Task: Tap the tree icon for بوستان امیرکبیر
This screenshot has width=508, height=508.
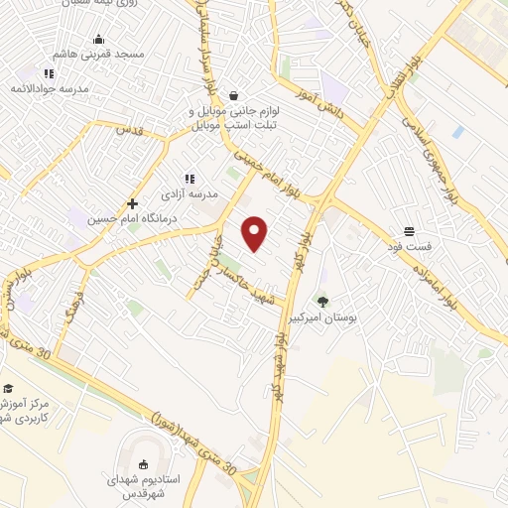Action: [322, 301]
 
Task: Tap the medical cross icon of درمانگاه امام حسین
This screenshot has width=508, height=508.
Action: [131, 203]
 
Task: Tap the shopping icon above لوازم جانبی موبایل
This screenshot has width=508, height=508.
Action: [232, 96]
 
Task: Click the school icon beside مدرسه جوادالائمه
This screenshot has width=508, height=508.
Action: [48, 73]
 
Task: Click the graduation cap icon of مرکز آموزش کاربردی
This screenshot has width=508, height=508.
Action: [8, 388]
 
